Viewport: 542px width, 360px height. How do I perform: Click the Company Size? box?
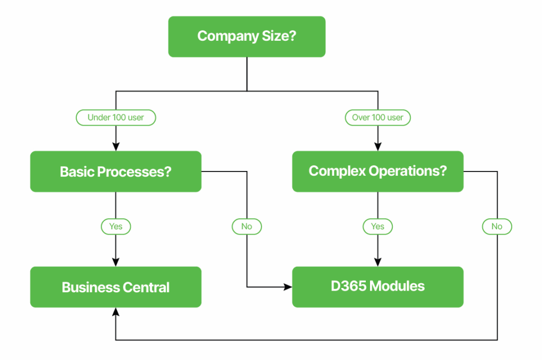tap(247, 37)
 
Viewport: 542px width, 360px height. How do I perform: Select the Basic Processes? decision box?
tap(116, 172)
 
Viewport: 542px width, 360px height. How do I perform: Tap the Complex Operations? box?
tap(378, 172)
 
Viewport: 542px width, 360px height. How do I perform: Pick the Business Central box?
tap(116, 287)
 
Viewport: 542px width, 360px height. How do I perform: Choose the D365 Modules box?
tap(378, 287)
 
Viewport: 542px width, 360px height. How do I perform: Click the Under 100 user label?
tap(116, 118)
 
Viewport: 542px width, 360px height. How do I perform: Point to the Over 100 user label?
tap(378, 118)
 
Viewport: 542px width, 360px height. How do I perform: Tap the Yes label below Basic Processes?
tap(116, 227)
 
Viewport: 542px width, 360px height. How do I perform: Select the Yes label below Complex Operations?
tap(378, 227)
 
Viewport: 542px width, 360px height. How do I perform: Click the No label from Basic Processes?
tap(247, 227)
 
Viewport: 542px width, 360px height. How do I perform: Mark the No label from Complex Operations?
tap(497, 227)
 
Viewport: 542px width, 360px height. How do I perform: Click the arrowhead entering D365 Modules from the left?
tap(288, 287)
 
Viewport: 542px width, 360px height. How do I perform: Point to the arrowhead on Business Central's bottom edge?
tap(116, 312)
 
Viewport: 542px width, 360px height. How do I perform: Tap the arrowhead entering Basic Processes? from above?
tap(116, 147)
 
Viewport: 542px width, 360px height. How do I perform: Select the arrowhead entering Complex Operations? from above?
tap(378, 147)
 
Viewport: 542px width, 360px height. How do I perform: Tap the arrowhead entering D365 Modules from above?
tap(378, 262)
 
